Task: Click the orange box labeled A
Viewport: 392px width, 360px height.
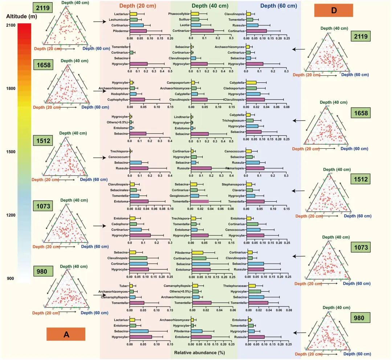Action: [66, 334]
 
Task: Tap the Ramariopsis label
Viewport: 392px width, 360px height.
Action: [236, 168]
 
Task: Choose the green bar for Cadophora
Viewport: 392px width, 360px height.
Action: [133, 224]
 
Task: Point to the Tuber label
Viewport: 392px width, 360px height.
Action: [124, 286]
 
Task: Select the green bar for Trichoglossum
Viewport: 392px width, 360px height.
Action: [250, 120]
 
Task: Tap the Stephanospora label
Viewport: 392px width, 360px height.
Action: [234, 184]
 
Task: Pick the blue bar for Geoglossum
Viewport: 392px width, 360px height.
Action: [195, 196]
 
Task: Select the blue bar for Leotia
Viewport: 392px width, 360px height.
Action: [196, 25]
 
